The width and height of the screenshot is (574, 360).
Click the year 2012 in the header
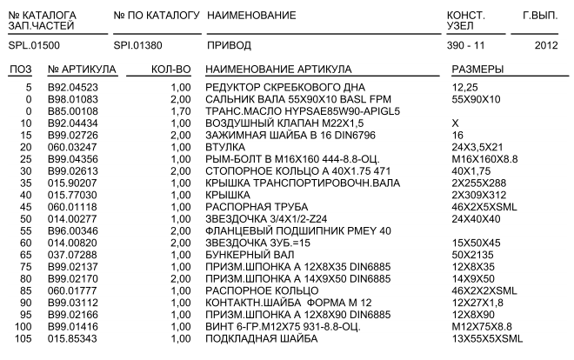pyautogui.click(x=546, y=43)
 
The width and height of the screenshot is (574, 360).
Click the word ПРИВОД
pyautogui.click(x=228, y=43)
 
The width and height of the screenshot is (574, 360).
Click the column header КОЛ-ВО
pyautogui.click(x=170, y=68)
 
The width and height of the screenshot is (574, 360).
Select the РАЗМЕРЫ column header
pyautogui.click(x=479, y=68)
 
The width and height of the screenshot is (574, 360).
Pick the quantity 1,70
pyautogui.click(x=177, y=111)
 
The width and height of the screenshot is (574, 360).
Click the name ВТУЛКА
pyautogui.click(x=224, y=148)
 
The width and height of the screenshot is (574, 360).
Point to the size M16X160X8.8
pyautogui.click(x=483, y=160)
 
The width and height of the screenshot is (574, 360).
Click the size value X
pyautogui.click(x=456, y=124)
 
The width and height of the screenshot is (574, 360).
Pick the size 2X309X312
pyautogui.click(x=478, y=197)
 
